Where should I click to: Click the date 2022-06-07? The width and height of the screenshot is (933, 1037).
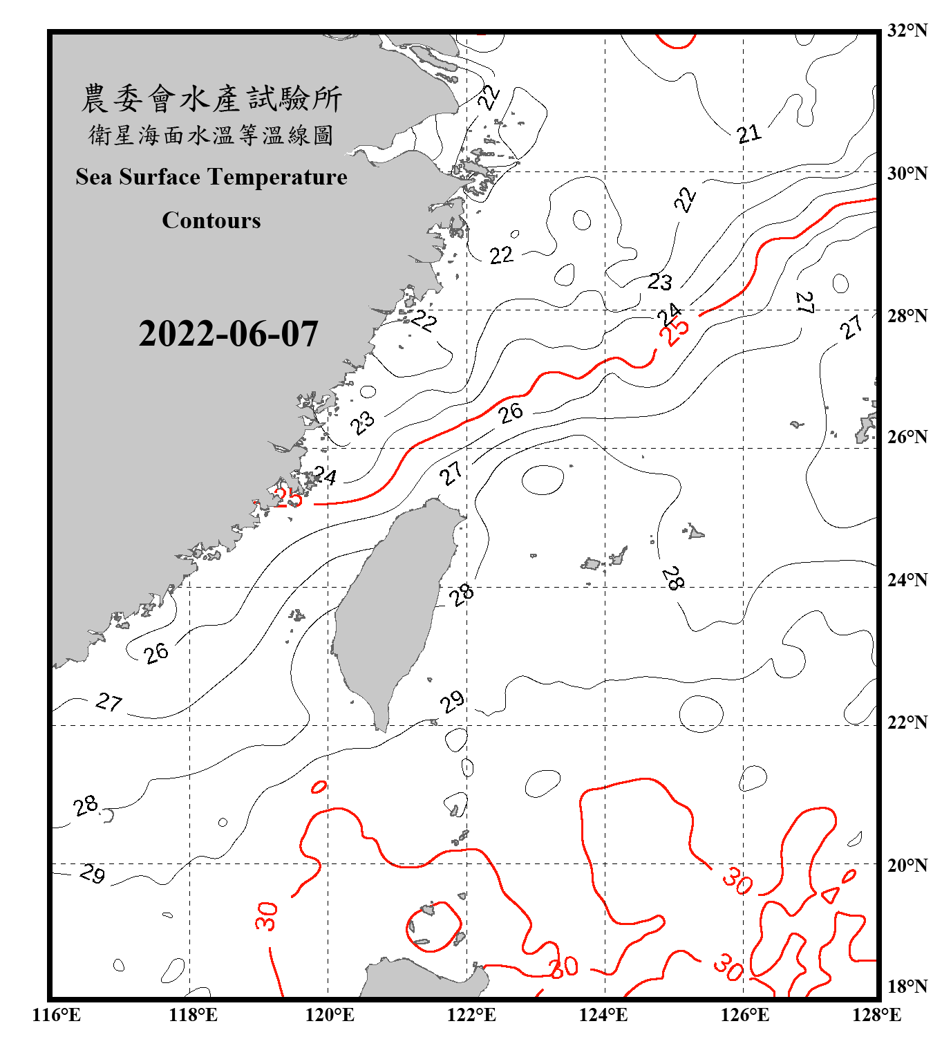tap(228, 334)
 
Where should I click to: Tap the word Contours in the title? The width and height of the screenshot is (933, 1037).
tap(211, 220)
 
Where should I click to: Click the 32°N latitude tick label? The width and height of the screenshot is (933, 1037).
tap(907, 30)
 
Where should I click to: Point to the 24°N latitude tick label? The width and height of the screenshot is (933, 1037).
tap(907, 579)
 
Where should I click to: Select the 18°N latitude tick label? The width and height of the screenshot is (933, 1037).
tap(907, 987)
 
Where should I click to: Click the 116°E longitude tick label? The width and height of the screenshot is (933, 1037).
tap(57, 1015)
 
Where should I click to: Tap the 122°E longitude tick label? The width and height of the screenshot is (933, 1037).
tap(471, 1015)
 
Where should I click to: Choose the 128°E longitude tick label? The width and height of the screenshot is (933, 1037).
tap(876, 1015)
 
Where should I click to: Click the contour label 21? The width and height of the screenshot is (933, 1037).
tap(748, 133)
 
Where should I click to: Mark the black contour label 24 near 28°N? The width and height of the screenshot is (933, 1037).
tap(669, 315)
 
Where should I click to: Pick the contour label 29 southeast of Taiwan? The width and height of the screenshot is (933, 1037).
tap(453, 702)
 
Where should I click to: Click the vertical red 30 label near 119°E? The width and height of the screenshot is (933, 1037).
tap(266, 916)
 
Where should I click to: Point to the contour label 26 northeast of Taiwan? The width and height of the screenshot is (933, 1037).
tap(511, 413)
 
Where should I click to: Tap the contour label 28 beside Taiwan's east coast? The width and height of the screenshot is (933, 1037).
tap(461, 593)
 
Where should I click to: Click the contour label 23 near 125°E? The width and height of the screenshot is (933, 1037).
tap(659, 281)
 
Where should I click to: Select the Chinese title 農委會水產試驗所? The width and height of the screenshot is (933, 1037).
tap(211, 99)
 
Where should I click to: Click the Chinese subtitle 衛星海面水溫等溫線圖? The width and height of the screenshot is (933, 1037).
tap(211, 135)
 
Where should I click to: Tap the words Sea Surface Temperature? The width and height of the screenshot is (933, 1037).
tap(211, 177)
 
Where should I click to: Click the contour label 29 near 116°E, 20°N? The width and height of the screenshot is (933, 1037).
tap(92, 873)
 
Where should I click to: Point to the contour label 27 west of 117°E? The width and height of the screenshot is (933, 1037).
tap(109, 702)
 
